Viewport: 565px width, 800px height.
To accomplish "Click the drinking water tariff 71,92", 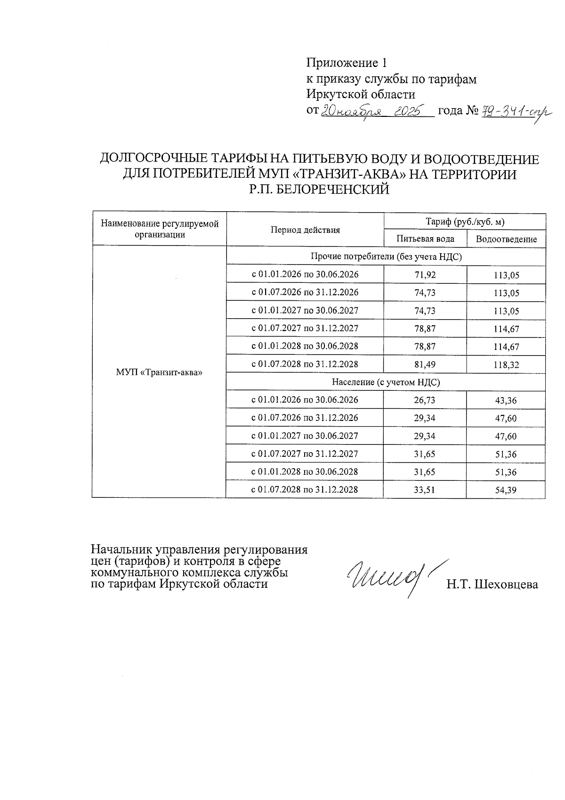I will pyautogui.click(x=425, y=275).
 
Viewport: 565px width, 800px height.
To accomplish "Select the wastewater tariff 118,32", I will pyautogui.click(x=506, y=365).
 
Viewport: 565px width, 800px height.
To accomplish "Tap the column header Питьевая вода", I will pyautogui.click(x=425, y=239).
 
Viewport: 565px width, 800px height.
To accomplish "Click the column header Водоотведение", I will pyautogui.click(x=506, y=239).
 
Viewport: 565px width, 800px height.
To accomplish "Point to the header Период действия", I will pyautogui.click(x=305, y=230).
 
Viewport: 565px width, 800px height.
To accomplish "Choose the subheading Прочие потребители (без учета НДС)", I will pyautogui.click(x=386, y=257).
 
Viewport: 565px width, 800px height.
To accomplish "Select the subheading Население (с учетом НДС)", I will pyautogui.click(x=386, y=382).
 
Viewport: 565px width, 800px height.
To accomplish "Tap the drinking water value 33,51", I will pyautogui.click(x=425, y=490).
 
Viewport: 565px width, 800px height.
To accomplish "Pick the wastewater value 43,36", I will pyautogui.click(x=506, y=401).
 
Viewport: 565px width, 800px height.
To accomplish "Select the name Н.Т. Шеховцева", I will pyautogui.click(x=492, y=585).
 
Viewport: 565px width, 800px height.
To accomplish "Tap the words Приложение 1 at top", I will pyautogui.click(x=347, y=63).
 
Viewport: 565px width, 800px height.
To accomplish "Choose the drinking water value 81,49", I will pyautogui.click(x=425, y=364).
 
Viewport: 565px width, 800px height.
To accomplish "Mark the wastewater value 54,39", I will pyautogui.click(x=506, y=490).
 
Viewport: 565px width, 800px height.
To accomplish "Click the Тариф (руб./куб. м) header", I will pyautogui.click(x=465, y=221).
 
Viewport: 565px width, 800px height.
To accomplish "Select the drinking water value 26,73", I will pyautogui.click(x=425, y=400).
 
